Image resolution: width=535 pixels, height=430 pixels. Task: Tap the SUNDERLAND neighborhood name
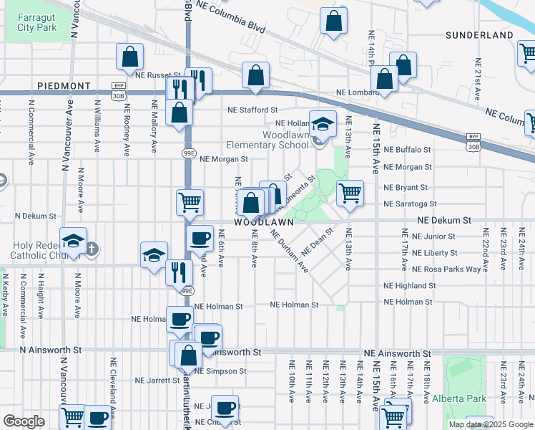[479, 35]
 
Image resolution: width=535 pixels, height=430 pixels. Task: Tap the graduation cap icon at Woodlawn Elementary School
[323, 123]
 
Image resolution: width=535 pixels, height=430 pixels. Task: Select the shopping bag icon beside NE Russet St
[129, 57]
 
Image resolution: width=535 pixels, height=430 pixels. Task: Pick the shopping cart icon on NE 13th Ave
[350, 193]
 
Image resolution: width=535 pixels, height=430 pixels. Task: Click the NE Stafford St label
[252, 110]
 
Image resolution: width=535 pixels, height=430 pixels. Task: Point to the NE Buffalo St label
[407, 150]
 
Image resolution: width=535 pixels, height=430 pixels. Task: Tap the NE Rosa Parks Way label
[446, 269]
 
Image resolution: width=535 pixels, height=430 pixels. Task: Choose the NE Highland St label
[410, 285]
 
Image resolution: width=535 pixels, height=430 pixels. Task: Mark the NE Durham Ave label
[289, 251]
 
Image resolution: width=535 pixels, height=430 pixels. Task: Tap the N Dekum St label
[36, 216]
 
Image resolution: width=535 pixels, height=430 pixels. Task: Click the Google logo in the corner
[24, 421]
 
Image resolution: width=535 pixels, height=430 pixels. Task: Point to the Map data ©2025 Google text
[490, 424]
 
